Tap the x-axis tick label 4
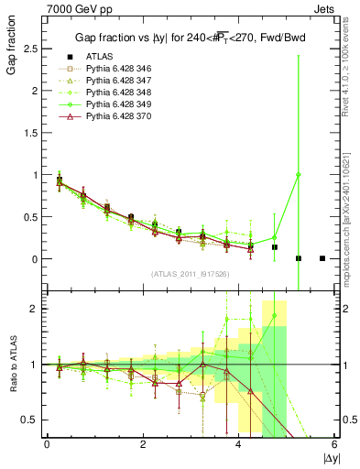click(x=238, y=443)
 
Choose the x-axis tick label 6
click(x=334, y=443)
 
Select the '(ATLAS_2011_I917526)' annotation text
click(x=190, y=274)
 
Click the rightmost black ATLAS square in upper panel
click(x=322, y=258)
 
